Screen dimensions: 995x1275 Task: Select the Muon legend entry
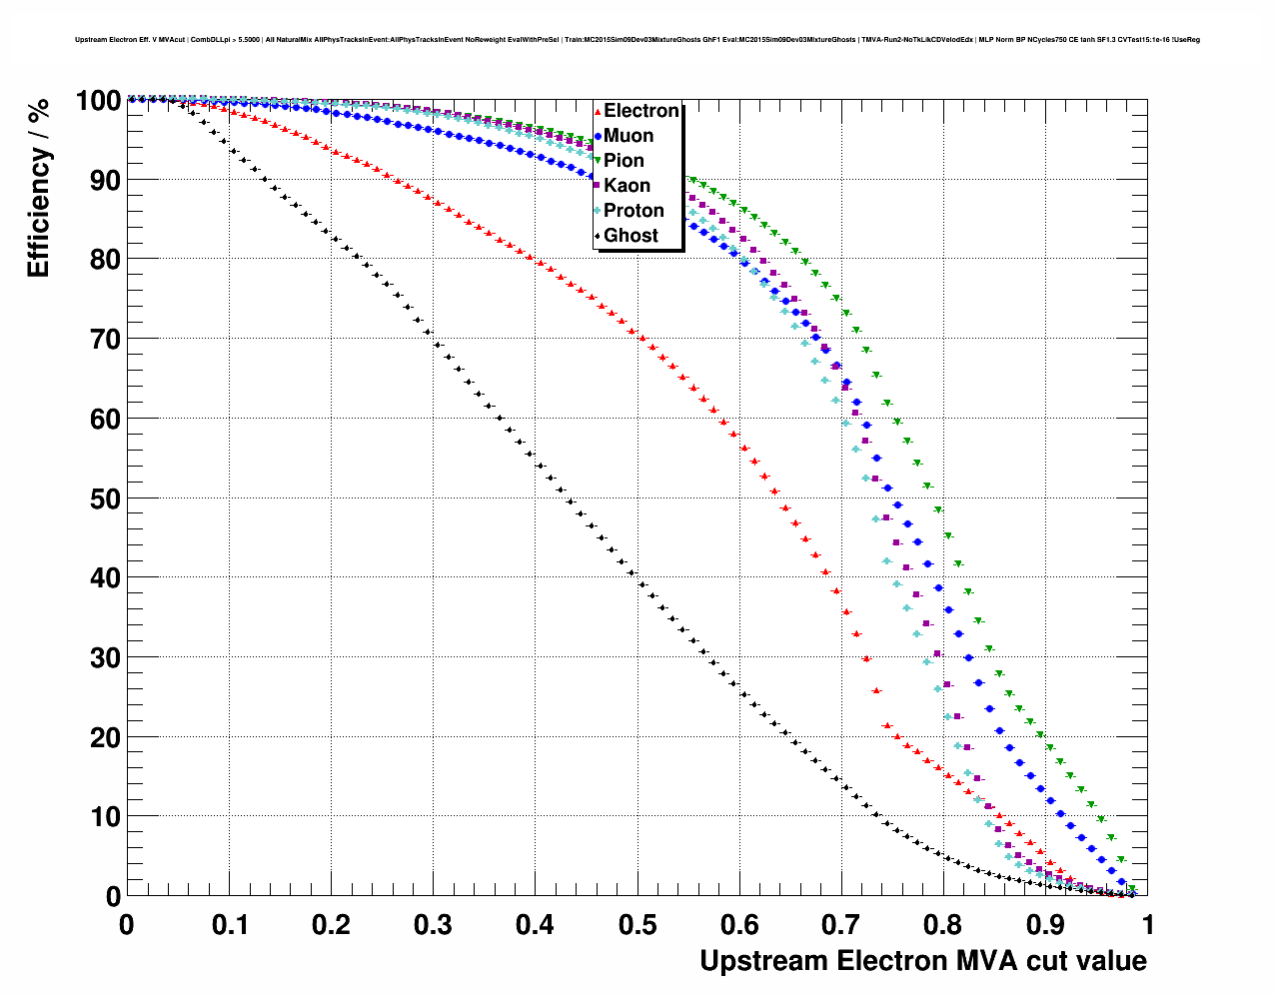click(x=629, y=136)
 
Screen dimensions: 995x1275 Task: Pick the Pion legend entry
click(x=624, y=161)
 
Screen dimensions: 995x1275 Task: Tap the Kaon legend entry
click(x=627, y=186)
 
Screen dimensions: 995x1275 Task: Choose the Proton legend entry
click(x=634, y=211)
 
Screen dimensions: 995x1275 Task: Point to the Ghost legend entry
click(x=631, y=236)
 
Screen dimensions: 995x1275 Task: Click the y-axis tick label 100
click(x=98, y=101)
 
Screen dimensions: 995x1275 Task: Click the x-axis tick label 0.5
click(x=637, y=925)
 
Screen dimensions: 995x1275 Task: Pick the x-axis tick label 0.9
click(x=1046, y=925)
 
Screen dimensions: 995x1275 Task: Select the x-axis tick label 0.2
click(x=331, y=925)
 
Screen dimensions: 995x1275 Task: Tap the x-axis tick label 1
click(x=1148, y=925)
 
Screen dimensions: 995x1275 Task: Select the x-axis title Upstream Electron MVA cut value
click(x=923, y=961)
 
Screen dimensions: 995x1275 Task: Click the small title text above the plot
click(x=637, y=40)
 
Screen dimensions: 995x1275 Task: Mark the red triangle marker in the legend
click(x=598, y=111)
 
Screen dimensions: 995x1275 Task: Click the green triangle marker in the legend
click(x=598, y=161)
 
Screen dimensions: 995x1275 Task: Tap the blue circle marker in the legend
click(x=598, y=136)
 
